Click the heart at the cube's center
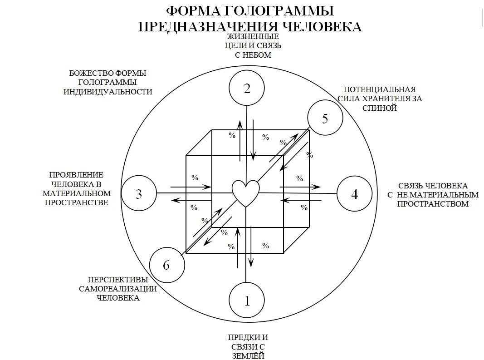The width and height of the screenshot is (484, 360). [x=245, y=193]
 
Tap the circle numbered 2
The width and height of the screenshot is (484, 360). [x=247, y=89]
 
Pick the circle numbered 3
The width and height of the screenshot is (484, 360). [x=139, y=194]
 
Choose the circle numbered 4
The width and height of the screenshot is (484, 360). [x=354, y=194]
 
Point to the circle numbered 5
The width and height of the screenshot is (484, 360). [x=325, y=118]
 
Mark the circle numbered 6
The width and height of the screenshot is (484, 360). [x=166, y=265]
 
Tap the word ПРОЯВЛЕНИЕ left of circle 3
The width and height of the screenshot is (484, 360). [x=77, y=175]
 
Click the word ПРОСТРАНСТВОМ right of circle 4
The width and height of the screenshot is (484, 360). [x=433, y=204]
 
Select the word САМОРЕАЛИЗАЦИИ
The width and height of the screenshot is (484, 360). [x=118, y=289]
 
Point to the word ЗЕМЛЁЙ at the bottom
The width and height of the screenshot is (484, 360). [x=248, y=355]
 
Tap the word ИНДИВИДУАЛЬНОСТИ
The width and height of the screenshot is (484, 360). [x=108, y=91]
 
